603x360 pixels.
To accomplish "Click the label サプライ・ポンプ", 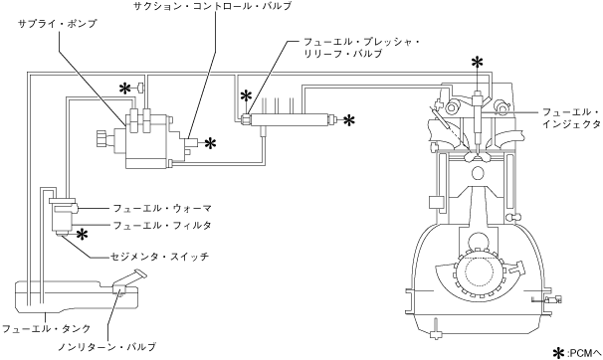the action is (x=58, y=24).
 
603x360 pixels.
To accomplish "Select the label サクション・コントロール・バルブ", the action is (x=212, y=6).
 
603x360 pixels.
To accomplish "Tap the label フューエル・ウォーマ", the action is (x=162, y=209).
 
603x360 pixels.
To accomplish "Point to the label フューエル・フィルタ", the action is (x=162, y=225).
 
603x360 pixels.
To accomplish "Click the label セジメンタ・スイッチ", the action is (x=159, y=256).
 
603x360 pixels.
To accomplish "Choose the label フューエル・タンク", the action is (x=46, y=329).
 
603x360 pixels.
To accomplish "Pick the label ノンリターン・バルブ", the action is (x=106, y=346).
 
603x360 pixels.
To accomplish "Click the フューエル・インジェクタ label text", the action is (x=571, y=118).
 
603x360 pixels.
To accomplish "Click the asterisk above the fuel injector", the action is (x=478, y=63).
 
